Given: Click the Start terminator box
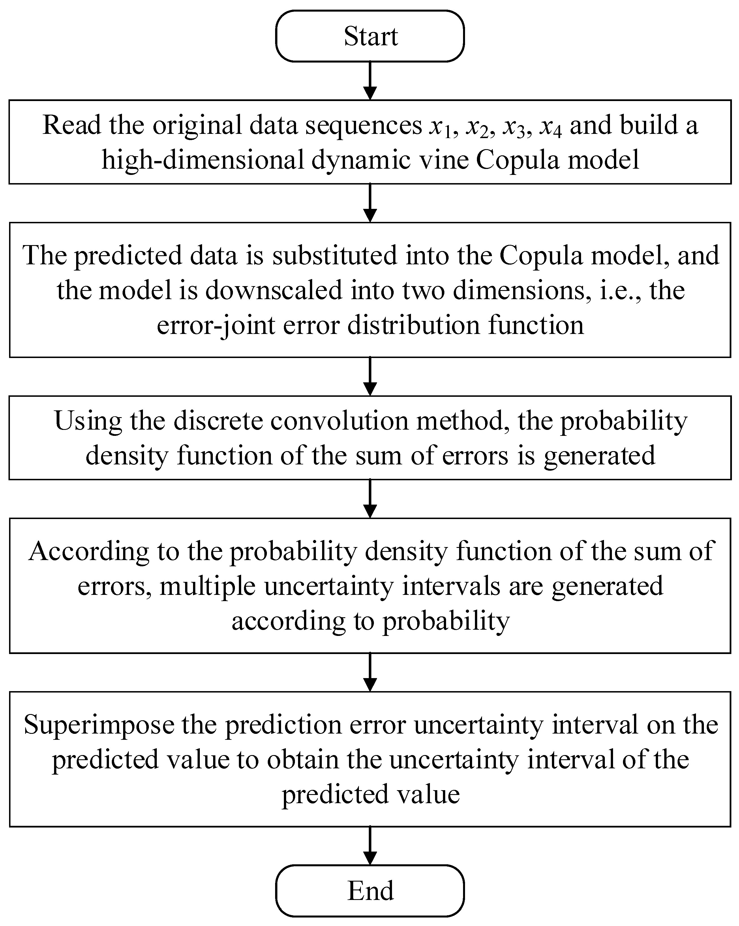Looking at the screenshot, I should [x=370, y=36].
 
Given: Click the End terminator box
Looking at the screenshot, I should [x=370, y=891].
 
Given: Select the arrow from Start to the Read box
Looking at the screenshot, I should [x=370, y=81].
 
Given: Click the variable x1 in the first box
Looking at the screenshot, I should [x=440, y=126].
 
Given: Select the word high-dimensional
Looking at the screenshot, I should [x=203, y=160].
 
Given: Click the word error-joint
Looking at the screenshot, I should [x=216, y=325].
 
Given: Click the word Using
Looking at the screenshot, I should [x=88, y=421].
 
